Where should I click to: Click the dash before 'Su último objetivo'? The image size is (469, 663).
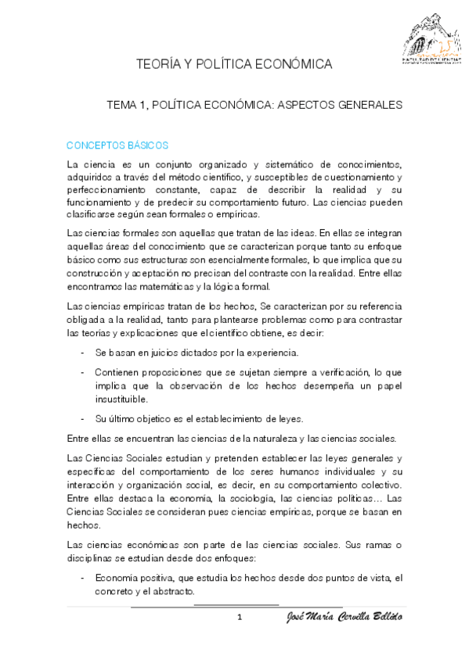(83, 418)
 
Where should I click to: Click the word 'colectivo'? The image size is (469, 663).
(378, 485)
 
